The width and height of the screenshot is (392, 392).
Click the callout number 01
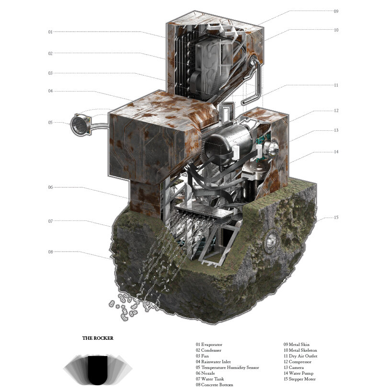click(50, 32)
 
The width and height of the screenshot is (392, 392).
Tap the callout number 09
click(336, 11)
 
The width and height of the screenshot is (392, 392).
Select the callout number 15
click(336, 218)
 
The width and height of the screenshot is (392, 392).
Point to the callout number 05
click(50, 123)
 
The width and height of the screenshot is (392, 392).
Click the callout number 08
click(50, 252)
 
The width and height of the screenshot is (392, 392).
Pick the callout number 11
click(336, 85)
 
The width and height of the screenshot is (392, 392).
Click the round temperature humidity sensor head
click(80, 124)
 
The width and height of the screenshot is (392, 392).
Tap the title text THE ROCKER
click(98, 338)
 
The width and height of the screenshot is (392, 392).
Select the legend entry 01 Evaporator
click(209, 345)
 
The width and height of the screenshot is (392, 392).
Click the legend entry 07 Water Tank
click(209, 379)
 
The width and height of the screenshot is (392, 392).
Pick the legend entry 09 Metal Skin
click(297, 345)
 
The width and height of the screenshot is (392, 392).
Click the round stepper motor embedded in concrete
click(271, 239)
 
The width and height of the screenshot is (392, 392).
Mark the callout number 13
click(336, 130)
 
